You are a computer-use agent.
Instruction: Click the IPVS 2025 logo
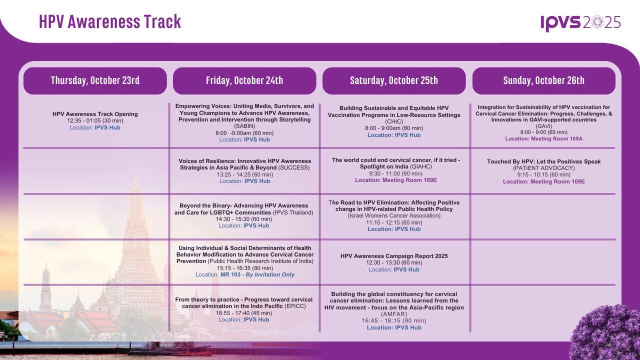pyautogui.click(x=580, y=23)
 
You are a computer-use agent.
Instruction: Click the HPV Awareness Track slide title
pyautogui.click(x=110, y=21)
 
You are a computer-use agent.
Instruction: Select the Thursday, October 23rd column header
pyautogui.click(x=95, y=80)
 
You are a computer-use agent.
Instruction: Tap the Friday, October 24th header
pyautogui.click(x=244, y=80)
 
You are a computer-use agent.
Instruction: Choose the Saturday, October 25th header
pyautogui.click(x=394, y=80)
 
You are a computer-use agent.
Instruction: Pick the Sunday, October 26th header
pyautogui.click(x=543, y=80)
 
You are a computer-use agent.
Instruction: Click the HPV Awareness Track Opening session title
pyautogui.click(x=95, y=114)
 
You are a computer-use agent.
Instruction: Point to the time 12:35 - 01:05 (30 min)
pyautogui.click(x=95, y=120)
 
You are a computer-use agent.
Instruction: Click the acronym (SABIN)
pyautogui.click(x=244, y=126)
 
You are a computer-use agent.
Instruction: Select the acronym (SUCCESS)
pyautogui.click(x=294, y=167)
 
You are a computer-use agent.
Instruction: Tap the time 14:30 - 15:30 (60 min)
pyautogui.click(x=244, y=219)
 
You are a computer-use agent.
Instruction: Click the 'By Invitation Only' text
pyautogui.click(x=270, y=274)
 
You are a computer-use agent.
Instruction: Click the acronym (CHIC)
pyautogui.click(x=394, y=121)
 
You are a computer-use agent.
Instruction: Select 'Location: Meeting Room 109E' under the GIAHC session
pyautogui.click(x=396, y=180)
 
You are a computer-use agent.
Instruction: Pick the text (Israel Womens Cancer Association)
pyautogui.click(x=394, y=215)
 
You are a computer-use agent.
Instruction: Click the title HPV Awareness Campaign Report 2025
pyautogui.click(x=394, y=256)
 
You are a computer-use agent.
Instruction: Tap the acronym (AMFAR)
pyautogui.click(x=394, y=314)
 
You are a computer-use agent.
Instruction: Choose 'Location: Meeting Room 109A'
pyautogui.click(x=543, y=139)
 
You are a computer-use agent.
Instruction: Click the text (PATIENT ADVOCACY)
pyautogui.click(x=543, y=168)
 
